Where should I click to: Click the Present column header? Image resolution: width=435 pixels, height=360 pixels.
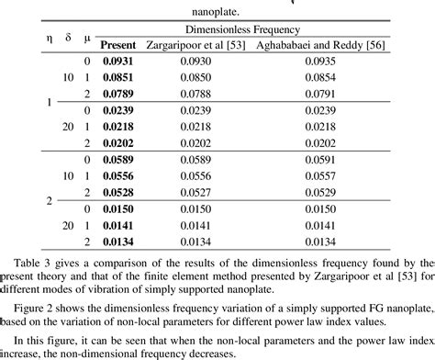point(117,44)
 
